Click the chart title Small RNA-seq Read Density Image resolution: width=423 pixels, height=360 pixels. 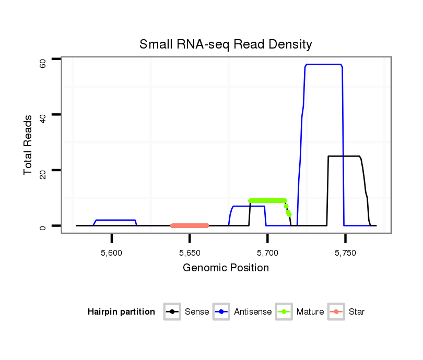click(x=226, y=44)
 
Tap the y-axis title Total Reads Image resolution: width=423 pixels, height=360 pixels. click(x=29, y=145)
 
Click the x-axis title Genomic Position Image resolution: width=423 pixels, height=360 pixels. click(x=226, y=268)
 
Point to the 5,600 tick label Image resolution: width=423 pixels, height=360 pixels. click(x=112, y=253)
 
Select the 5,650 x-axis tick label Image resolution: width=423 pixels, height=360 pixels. click(x=190, y=253)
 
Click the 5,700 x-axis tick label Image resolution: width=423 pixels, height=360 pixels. click(x=267, y=253)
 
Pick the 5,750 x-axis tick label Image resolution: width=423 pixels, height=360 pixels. click(x=345, y=253)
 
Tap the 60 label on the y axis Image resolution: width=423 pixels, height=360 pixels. click(x=43, y=64)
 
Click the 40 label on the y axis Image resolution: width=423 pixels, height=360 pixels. click(x=43, y=119)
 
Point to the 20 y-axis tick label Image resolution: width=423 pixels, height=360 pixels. click(x=43, y=174)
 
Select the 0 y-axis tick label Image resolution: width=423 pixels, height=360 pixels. click(x=43, y=228)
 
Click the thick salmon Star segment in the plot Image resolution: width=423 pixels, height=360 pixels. click(x=190, y=225)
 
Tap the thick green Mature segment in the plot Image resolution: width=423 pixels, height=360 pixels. click(x=267, y=200)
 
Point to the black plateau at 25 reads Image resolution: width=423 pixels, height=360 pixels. click(x=344, y=156)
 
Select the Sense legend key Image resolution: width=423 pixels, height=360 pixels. click(x=172, y=312)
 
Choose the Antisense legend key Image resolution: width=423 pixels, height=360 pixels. click(x=221, y=312)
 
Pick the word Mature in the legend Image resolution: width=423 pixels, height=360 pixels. click(x=310, y=312)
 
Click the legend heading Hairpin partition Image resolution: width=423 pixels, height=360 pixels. click(x=122, y=312)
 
